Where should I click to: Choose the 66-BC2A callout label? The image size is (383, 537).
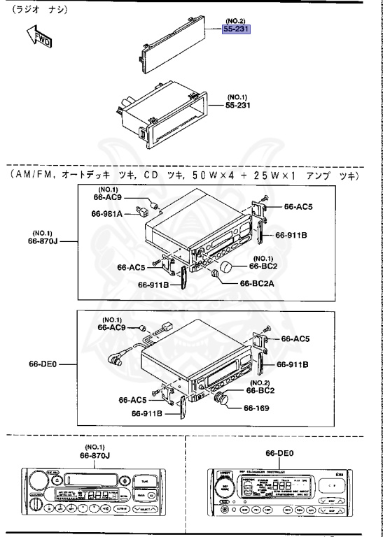click(258, 283)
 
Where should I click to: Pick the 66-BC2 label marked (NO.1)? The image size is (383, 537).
click(265, 266)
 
